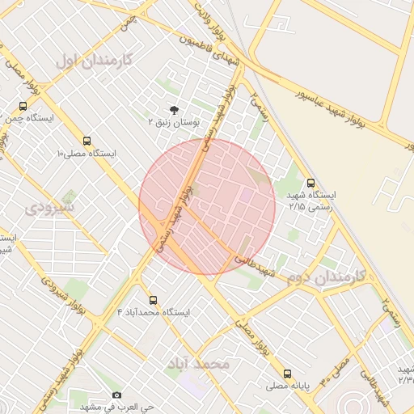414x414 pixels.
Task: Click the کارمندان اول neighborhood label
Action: [x=94, y=61]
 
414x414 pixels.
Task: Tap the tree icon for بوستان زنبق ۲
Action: [x=174, y=109]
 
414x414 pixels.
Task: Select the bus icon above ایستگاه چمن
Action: [x=23, y=106]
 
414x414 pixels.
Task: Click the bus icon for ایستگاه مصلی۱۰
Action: [x=87, y=141]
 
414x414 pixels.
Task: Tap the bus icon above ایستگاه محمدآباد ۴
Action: [x=152, y=300]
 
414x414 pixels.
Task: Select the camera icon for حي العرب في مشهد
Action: [x=117, y=395]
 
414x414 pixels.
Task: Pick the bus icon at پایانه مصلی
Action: [x=288, y=374]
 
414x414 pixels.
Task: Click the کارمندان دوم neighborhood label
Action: [x=332, y=277]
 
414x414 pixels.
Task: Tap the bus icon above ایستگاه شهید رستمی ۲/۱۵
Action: [x=311, y=184]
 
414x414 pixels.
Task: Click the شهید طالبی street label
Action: [x=257, y=268]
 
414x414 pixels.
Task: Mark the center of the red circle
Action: [x=207, y=207]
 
